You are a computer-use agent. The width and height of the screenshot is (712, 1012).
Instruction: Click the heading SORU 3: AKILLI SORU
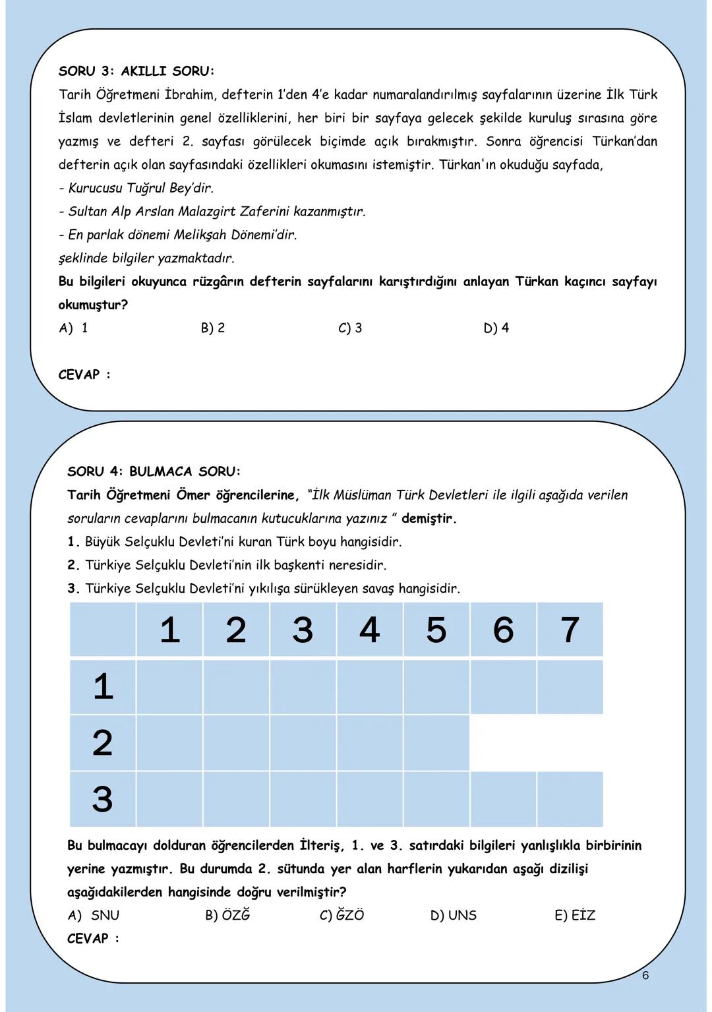click(x=136, y=71)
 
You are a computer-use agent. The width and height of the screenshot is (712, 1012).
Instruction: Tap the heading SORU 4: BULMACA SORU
click(x=154, y=471)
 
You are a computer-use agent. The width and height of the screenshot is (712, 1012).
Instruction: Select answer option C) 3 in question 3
click(x=350, y=328)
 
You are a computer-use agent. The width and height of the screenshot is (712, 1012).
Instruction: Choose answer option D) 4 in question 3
click(x=496, y=328)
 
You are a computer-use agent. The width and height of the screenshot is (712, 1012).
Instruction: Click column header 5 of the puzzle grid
click(x=436, y=630)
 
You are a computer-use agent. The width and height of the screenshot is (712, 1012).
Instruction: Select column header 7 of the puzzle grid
click(x=570, y=630)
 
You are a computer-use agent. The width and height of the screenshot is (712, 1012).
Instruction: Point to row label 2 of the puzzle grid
click(x=102, y=743)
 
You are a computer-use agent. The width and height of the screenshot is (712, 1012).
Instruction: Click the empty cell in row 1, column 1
click(x=169, y=687)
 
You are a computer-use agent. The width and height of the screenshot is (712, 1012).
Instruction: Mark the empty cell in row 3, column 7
click(x=570, y=799)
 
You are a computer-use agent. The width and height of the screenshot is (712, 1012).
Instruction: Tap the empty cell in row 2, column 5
click(x=436, y=743)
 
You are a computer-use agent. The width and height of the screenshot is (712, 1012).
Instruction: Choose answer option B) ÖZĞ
click(x=227, y=915)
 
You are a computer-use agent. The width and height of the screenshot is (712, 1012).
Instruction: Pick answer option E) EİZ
click(x=575, y=915)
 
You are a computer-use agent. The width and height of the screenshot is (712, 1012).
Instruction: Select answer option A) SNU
click(x=94, y=915)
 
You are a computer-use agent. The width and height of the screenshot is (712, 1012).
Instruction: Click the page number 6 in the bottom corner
click(x=645, y=975)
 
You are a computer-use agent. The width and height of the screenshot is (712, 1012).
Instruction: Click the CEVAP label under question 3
click(x=84, y=374)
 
